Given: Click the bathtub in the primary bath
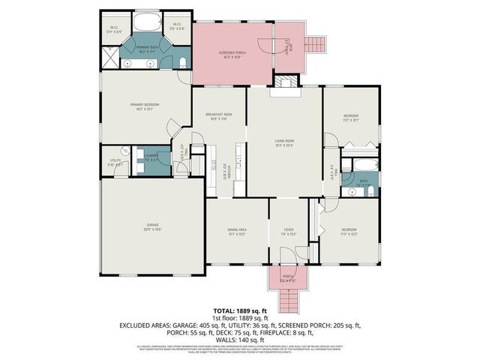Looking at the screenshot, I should point(147,23).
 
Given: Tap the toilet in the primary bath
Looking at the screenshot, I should point(182,62).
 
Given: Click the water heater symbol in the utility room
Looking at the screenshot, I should point(108,171).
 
